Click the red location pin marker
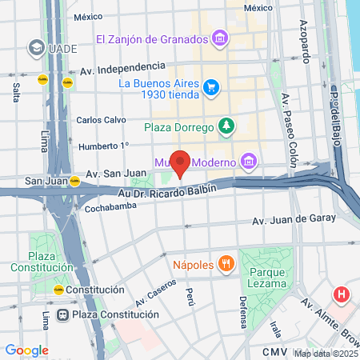click(x=181, y=163)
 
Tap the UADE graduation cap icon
click(x=35, y=48)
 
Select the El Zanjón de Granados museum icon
click(x=219, y=38)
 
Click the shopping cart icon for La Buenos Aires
click(x=210, y=86)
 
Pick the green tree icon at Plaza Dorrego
click(x=227, y=126)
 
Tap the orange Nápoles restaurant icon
click(x=227, y=263)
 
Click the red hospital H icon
click(x=342, y=294)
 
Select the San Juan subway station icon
click(x=74, y=181)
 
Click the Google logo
click(x=27, y=350)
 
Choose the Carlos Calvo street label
click(x=100, y=120)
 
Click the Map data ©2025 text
click(x=326, y=354)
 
